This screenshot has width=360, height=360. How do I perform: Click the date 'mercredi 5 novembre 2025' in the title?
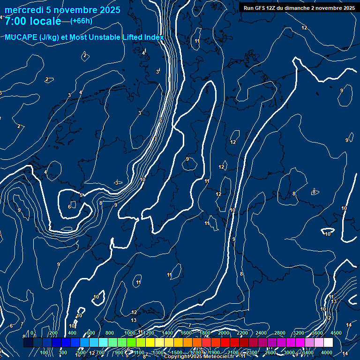pos(62,10)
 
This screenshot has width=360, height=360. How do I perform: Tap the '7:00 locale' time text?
pos(33,21)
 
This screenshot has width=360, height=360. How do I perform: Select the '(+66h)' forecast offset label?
pos(81,21)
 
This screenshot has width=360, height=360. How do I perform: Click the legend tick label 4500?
pos(336,333)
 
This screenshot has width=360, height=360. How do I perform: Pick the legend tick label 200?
pos(53,333)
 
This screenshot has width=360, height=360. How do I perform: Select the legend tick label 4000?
pos(327,352)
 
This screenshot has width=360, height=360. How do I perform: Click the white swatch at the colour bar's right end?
pos(328,343)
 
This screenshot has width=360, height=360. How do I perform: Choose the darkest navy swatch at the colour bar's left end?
pos(28,343)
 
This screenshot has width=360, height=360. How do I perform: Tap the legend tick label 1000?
pos(130,333)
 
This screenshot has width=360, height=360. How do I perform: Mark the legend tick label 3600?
pos(317,333)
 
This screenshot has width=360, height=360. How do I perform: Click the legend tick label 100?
pos(45,352)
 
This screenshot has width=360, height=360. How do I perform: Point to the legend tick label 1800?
pos(205,333)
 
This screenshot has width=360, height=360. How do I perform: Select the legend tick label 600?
pos(91,333)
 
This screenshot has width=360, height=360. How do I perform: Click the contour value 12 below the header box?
pos(304,28)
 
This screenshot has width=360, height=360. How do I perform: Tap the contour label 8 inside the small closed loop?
pos(314,191)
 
